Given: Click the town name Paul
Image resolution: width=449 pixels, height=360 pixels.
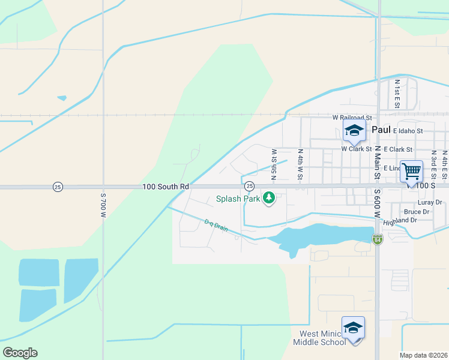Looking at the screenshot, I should (381, 130).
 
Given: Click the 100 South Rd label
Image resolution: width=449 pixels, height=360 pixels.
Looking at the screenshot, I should (166, 187).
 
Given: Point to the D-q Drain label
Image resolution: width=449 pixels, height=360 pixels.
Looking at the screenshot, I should (217, 227).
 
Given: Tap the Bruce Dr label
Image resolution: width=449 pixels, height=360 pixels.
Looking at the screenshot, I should (416, 212).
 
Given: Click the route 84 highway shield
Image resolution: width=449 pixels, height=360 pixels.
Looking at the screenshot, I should (377, 239).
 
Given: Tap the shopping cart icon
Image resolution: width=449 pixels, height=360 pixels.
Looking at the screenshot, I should (411, 171).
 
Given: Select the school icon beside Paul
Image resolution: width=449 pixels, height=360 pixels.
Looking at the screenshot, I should (354, 130).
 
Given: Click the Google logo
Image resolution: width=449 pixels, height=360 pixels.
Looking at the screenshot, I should (20, 353).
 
